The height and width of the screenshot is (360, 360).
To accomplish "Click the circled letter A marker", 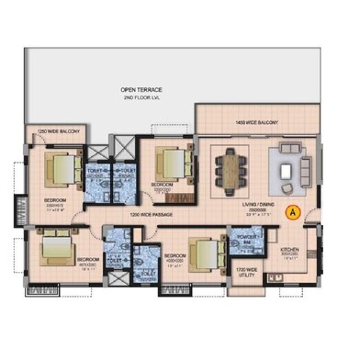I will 292,210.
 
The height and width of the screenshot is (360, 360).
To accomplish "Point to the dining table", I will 230,168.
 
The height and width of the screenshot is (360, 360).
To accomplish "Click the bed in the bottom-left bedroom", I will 54,247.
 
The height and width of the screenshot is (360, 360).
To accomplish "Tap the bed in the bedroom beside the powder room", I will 204,251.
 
